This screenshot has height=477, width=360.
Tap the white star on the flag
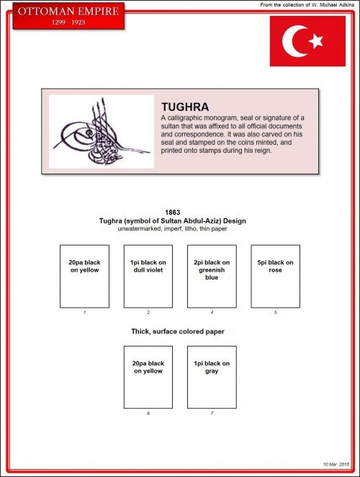coord(315,42)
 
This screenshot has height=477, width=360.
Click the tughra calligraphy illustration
coord(101,131)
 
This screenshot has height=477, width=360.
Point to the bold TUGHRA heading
coord(185,107)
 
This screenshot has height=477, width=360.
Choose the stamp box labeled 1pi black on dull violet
coord(148,276)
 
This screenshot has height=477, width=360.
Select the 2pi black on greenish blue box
coord(211,276)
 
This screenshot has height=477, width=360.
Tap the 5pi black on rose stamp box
coord(275,276)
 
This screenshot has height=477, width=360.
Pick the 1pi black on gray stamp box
coord(211,377)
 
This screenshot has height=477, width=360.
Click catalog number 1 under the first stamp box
coord(84,313)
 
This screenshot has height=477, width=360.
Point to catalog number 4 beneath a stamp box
coord(212,313)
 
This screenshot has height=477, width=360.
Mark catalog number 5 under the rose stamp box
coord(275,313)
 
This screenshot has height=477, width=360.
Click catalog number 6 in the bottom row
coord(148,414)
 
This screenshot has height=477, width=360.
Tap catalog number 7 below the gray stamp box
coord(212,414)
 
